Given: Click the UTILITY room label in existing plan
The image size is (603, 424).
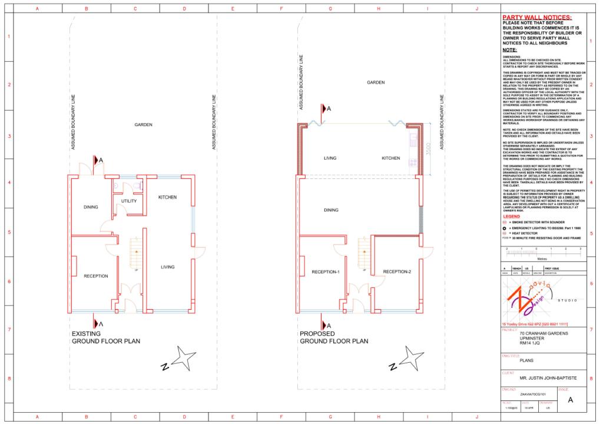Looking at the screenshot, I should coord(129,201).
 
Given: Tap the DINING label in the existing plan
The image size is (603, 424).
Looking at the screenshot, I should coord(91,207).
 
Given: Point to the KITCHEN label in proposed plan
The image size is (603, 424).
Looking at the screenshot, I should coord(390,158).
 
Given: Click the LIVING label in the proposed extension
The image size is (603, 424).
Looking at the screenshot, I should coord(330,158).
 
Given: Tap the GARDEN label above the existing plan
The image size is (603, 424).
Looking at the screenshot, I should coord(143,125).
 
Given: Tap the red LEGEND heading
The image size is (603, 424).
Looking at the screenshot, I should coord(511,217).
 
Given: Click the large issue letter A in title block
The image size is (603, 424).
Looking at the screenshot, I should coord(570,400).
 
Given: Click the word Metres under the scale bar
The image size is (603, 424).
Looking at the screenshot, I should coord(542,258).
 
